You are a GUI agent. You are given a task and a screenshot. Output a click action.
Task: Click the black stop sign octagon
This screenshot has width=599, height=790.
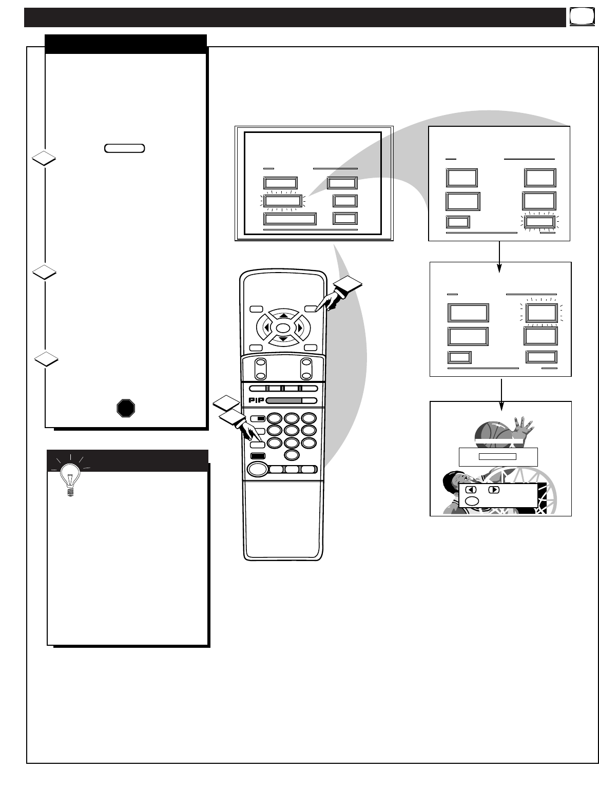coord(126,408)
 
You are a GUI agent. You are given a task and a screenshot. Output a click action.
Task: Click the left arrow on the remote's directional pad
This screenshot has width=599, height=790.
coord(266,327)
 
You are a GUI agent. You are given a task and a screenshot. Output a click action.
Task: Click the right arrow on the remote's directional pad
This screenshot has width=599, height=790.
coord(300,327)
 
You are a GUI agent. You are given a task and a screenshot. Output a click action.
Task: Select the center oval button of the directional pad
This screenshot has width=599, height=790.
coord(283,327)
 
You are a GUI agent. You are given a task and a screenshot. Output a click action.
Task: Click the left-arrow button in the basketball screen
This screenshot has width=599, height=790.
coord(471,490)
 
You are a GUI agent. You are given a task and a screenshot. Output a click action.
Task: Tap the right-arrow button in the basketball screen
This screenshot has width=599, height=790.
coord(493,490)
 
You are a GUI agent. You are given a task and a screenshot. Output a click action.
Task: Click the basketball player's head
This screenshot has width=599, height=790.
coord(453,483)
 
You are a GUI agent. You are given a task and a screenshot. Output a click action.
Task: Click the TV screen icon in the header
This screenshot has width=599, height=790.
coord(579,17)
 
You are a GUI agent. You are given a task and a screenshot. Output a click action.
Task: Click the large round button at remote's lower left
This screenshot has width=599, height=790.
coord(258,469)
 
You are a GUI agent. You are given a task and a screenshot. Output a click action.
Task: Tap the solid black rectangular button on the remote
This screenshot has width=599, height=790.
coord(257,456)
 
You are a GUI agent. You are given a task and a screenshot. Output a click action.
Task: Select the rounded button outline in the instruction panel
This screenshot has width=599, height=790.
coord(124,148)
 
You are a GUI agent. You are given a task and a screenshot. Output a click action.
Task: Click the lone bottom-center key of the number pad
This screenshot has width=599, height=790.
coord(292,455)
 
